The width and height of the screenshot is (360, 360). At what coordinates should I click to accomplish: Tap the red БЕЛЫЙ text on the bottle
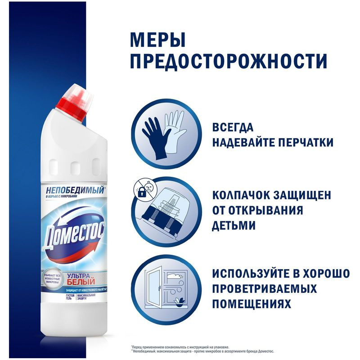pos(70,281)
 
